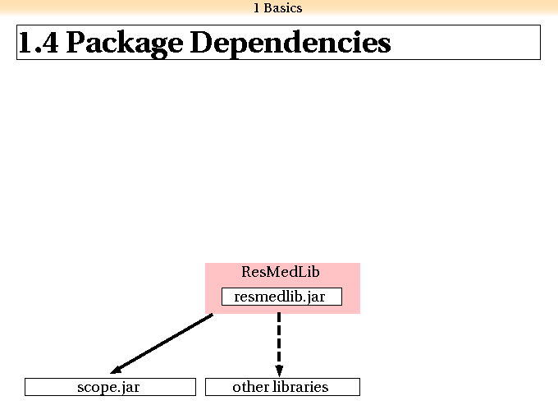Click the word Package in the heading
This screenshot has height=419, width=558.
(x=125, y=44)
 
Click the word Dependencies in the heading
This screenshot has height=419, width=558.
(x=290, y=44)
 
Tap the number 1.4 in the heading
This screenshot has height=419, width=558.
(x=39, y=43)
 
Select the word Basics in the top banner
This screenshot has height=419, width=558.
(x=283, y=8)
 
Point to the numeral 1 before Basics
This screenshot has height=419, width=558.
(x=257, y=8)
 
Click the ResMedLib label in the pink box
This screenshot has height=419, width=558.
(x=281, y=272)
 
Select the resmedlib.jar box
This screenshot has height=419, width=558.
(x=281, y=297)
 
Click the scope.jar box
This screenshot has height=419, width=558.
(x=110, y=387)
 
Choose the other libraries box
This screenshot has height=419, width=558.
(x=282, y=387)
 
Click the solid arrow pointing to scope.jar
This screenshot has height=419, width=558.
(x=162, y=343)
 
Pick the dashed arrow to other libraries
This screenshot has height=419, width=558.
(x=279, y=344)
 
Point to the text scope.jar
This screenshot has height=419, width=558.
(x=108, y=388)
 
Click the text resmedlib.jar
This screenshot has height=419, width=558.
(x=280, y=297)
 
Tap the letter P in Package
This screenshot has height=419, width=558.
(x=77, y=43)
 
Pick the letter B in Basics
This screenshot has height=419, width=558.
(x=268, y=8)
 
